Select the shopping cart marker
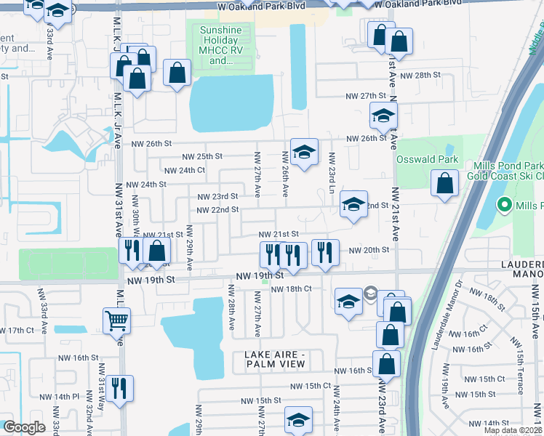click(116, 320)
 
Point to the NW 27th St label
click(364, 96)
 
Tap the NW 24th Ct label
click(185, 171)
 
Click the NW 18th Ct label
click(292, 289)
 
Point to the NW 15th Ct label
click(311, 386)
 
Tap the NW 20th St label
click(369, 250)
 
